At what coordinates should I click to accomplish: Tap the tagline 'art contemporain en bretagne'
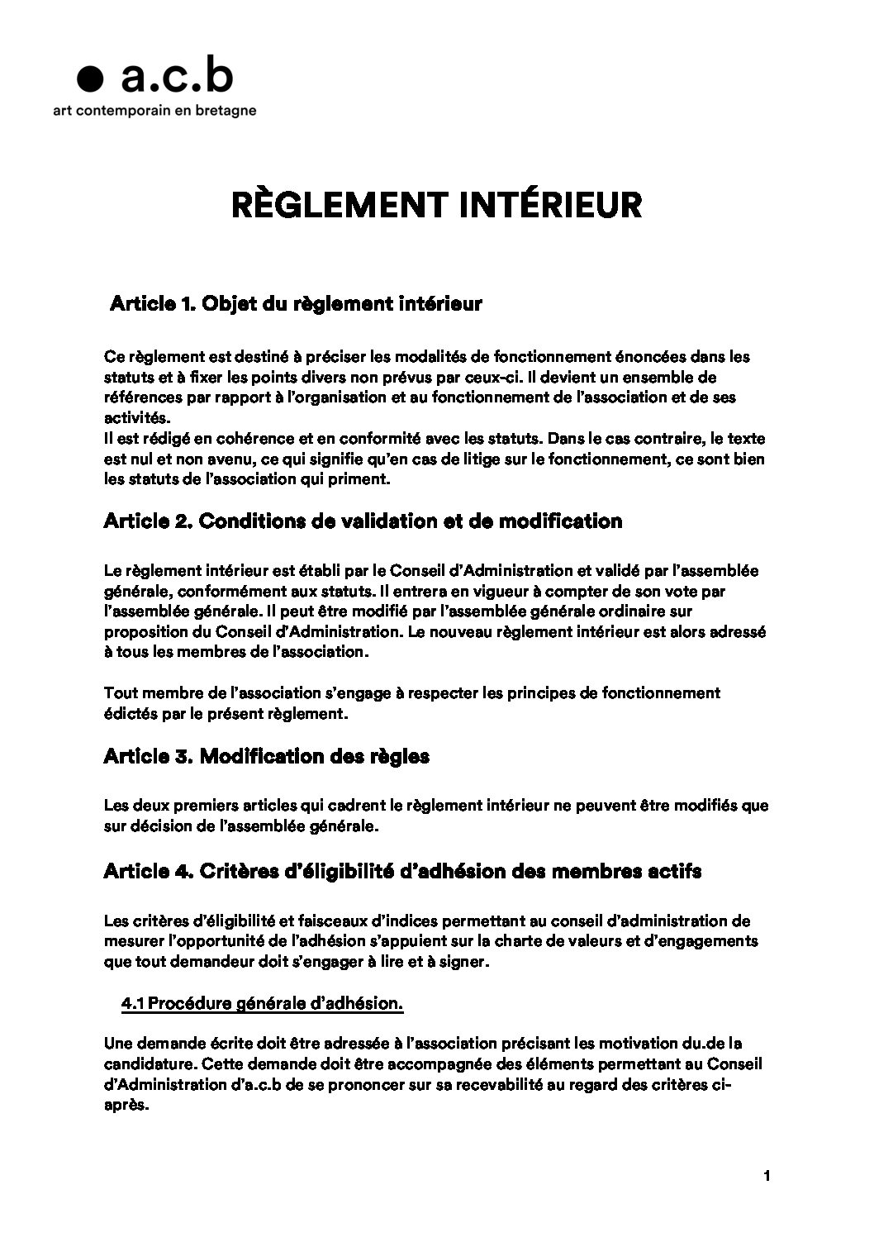click(x=154, y=110)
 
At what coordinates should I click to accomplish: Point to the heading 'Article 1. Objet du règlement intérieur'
click(x=296, y=304)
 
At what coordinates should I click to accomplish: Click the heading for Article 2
click(x=363, y=521)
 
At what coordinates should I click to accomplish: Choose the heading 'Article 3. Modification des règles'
click(x=266, y=756)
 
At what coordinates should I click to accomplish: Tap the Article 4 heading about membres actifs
click(x=402, y=872)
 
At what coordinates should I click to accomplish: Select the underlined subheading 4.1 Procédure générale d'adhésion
click(x=263, y=1004)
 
